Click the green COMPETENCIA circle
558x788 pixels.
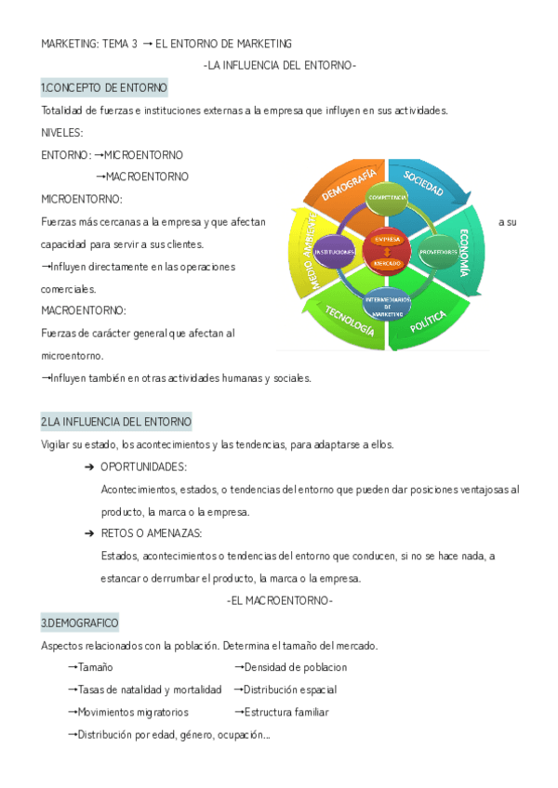pyautogui.click(x=387, y=199)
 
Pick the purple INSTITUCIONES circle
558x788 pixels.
pyautogui.click(x=334, y=252)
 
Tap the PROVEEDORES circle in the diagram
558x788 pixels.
pyautogui.click(x=438, y=252)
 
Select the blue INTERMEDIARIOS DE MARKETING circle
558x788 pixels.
pyautogui.click(x=387, y=307)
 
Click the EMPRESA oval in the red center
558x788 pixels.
pyautogui.click(x=387, y=240)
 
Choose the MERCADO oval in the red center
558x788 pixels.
pyautogui.click(x=387, y=264)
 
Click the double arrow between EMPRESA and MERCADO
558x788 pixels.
pyautogui.click(x=387, y=252)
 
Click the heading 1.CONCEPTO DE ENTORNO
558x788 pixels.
pyautogui.click(x=104, y=87)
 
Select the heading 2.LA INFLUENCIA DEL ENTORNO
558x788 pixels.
pyautogui.click(x=116, y=422)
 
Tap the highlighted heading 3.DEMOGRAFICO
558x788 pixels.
pyautogui.click(x=80, y=622)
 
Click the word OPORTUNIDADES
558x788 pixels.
pyautogui.click(x=143, y=466)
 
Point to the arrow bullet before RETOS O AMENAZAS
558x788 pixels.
pyautogui.click(x=89, y=533)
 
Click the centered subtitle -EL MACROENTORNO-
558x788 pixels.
pyautogui.click(x=279, y=600)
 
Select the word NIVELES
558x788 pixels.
pyautogui.click(x=62, y=132)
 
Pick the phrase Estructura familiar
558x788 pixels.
pyautogui.click(x=286, y=712)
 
